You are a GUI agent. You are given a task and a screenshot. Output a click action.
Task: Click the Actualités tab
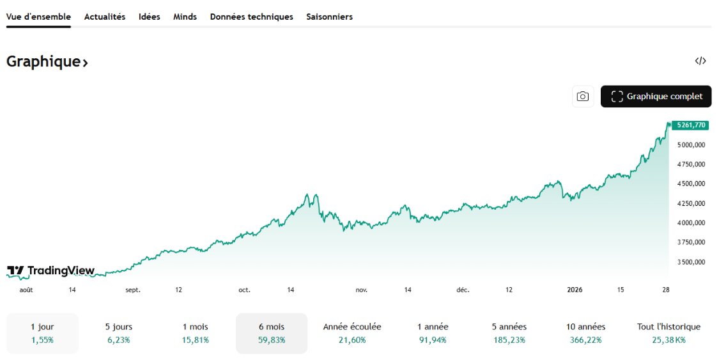tap(105, 17)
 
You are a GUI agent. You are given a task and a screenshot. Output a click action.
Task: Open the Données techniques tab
tap(251, 17)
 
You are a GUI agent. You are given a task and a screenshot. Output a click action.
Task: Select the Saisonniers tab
tap(329, 17)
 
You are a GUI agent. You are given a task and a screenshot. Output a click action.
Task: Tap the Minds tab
tap(185, 17)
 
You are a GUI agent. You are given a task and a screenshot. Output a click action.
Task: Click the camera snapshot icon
tap(582, 97)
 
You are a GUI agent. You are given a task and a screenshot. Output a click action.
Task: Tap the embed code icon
tap(700, 61)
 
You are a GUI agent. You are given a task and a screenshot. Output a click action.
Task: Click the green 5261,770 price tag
tap(690, 125)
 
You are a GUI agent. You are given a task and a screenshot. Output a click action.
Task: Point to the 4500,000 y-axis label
tap(691, 184)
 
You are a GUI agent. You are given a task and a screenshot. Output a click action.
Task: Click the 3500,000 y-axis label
tap(691, 262)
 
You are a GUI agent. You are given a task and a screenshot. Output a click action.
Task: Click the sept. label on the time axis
tap(132, 290)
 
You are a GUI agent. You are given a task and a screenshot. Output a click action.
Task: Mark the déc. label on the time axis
tap(463, 290)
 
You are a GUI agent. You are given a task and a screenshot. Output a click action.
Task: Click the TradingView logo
tap(50, 270)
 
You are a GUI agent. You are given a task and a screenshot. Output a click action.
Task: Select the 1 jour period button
tap(42, 333)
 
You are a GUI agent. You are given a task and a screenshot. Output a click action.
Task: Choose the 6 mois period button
tap(271, 333)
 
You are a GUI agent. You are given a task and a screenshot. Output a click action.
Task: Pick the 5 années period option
tap(509, 333)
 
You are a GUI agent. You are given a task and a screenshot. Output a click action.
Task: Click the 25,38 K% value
tap(668, 340)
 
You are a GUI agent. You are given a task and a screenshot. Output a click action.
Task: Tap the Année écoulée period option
tap(352, 333)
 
